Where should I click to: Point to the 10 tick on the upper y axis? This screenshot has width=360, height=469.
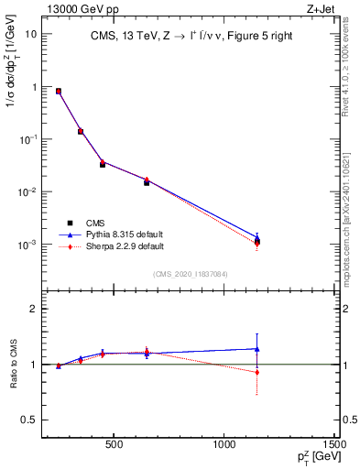pos(30,34)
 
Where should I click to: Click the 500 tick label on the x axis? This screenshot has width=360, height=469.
pos(115,446)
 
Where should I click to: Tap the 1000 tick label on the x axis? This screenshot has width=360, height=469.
pos(224,446)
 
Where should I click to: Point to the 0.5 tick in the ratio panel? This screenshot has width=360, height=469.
pos(29,420)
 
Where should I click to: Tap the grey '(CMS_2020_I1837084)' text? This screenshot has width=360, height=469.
pos(191,273)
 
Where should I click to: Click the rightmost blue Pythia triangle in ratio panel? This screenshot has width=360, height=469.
pos(257,349)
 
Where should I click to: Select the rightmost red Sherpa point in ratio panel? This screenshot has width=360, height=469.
pos(257,372)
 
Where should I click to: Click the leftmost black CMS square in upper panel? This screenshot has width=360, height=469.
pos(59,92)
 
